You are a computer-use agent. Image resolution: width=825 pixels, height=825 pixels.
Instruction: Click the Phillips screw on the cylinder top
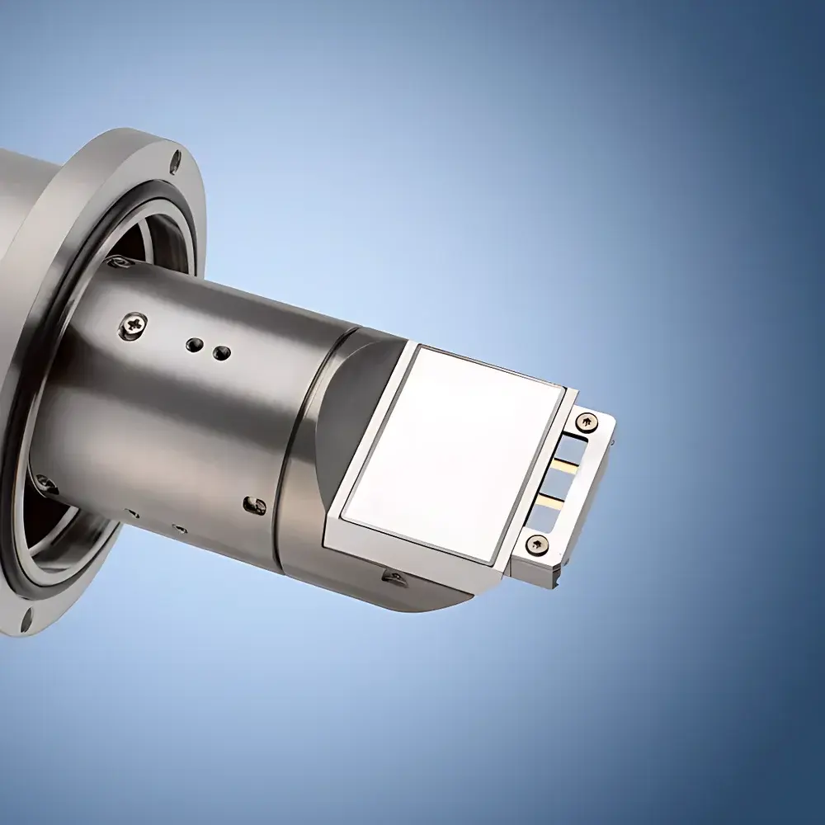(x=133, y=326)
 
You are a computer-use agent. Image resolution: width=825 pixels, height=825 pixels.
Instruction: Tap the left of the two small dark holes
(x=195, y=342)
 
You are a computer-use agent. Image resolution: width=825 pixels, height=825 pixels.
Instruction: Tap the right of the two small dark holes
(x=220, y=354)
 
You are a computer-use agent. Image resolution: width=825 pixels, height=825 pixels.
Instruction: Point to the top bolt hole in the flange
(x=176, y=160)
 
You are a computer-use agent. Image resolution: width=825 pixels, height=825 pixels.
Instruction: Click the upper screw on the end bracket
(x=587, y=422)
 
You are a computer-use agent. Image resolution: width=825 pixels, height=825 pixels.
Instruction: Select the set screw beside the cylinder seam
(x=257, y=505)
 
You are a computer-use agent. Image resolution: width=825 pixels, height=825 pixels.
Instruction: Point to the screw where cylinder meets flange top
(x=118, y=262)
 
